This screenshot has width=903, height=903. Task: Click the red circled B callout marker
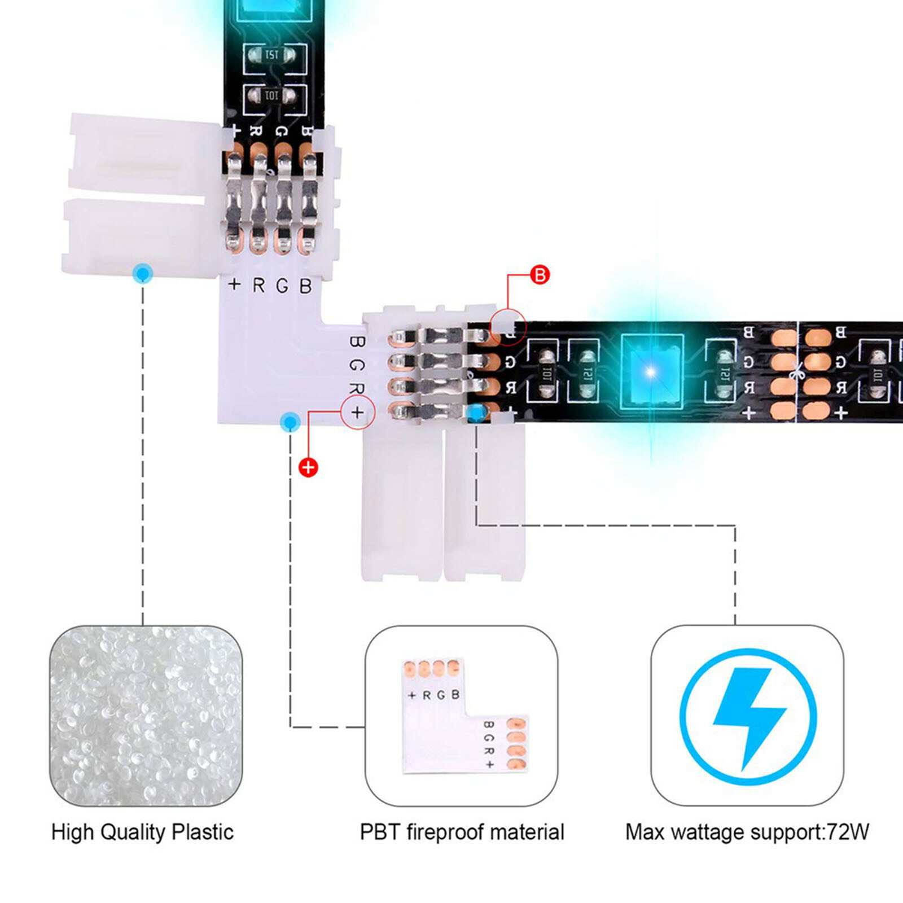coord(540,275)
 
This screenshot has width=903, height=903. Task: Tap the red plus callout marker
coord(308,467)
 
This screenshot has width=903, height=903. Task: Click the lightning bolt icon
coord(748,717)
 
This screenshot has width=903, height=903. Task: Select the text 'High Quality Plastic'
coord(142,832)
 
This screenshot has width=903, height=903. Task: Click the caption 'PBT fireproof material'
coord(462,832)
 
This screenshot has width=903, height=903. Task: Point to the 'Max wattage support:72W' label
coord(747,832)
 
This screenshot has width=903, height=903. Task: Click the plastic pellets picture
coord(146,716)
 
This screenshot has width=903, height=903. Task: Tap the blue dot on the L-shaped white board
coord(290,422)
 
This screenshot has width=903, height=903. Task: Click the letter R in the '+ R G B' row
coord(258,286)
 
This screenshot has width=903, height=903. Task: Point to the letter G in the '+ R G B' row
coord(282,286)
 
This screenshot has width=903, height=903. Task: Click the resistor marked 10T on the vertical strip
coord(273,97)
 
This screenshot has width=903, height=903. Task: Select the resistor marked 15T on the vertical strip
coord(273,55)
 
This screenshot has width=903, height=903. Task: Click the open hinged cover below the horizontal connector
coord(443,502)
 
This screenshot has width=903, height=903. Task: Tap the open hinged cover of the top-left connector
coord(141,192)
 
